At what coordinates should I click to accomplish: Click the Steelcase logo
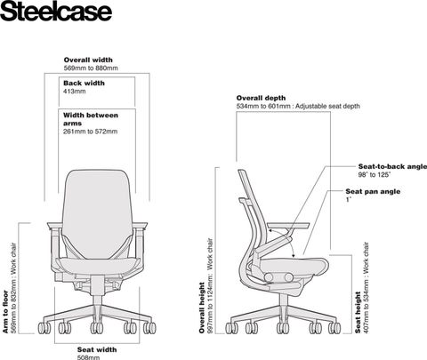click(56, 11)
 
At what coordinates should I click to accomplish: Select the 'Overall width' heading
click(88, 60)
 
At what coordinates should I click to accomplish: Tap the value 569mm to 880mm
click(91, 68)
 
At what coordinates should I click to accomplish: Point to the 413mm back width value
click(75, 92)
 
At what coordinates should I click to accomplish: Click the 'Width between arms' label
click(91, 119)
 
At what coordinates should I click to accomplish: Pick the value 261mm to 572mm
click(90, 132)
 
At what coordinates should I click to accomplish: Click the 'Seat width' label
click(97, 350)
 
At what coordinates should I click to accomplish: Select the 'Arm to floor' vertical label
click(5, 312)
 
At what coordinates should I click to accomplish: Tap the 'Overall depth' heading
click(261, 98)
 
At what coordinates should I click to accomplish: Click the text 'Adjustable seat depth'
click(327, 106)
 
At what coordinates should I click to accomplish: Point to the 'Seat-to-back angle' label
click(392, 166)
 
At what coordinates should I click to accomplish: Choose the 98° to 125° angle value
click(375, 175)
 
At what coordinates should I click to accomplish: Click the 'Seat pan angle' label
click(373, 191)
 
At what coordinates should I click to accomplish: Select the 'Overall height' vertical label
click(202, 308)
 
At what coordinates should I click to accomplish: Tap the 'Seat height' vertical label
click(358, 313)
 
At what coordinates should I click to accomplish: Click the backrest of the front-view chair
click(97, 213)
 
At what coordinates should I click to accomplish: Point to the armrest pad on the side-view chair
click(288, 226)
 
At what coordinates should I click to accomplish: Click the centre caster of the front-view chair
click(97, 328)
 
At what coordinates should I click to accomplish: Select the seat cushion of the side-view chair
click(294, 264)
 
